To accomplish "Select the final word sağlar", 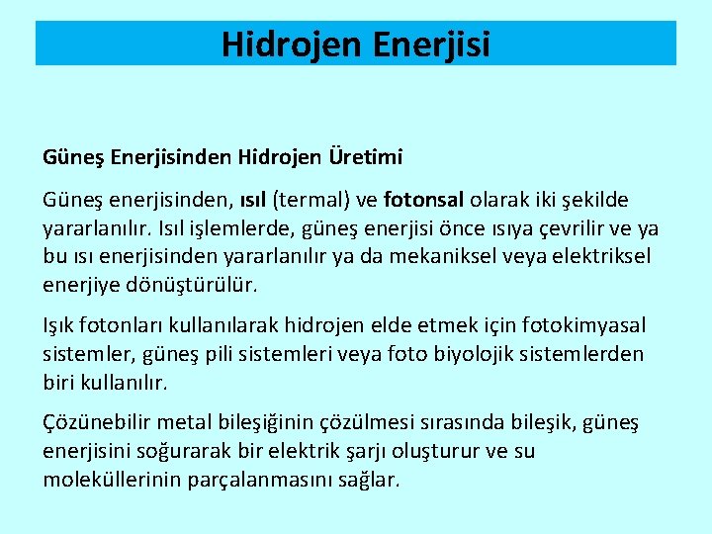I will pyautogui.click(x=369, y=481).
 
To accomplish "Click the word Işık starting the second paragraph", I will pyautogui.click(x=60, y=324).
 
